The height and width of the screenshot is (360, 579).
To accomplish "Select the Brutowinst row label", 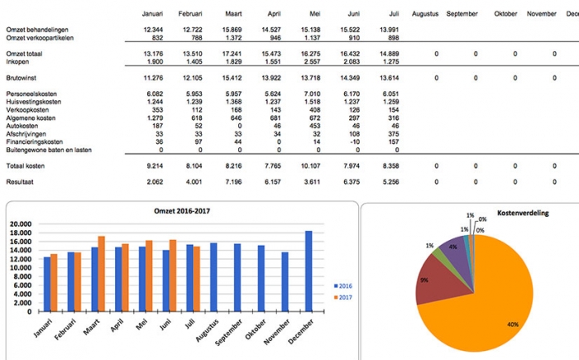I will [22, 78].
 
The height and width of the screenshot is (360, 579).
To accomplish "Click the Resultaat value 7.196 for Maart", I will [232, 181].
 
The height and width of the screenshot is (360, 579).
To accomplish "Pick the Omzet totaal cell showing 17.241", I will [232, 53].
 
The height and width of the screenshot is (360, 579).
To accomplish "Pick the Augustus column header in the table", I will [425, 14].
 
